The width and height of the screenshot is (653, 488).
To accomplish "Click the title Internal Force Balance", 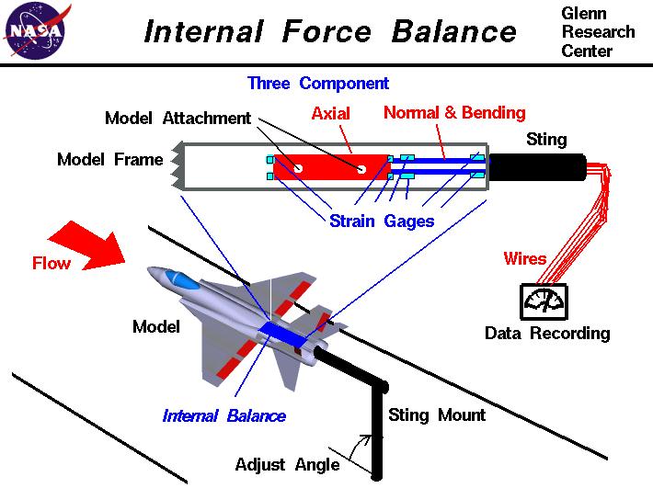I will point(330,32).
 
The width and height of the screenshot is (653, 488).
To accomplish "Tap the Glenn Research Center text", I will point(597,32).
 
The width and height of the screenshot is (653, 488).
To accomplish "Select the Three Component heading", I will point(317,84).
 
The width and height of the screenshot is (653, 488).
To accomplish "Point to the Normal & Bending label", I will point(454,113).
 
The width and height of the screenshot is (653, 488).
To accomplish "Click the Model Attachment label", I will point(177,119).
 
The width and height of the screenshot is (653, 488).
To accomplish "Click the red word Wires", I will point(525,258).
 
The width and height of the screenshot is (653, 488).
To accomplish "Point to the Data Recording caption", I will point(546,333).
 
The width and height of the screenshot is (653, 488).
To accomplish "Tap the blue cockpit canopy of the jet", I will point(184,280).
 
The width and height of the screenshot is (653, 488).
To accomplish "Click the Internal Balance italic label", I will point(223,415).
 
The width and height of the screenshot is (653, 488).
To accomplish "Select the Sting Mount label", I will point(436,414).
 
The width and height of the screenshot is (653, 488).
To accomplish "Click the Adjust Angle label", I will point(287,463).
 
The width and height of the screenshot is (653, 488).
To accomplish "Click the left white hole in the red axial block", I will point(298,167).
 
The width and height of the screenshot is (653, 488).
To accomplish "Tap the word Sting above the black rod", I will point(546,140).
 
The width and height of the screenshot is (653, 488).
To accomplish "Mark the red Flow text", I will point(52,263).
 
